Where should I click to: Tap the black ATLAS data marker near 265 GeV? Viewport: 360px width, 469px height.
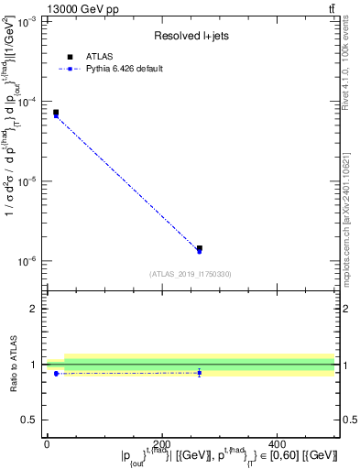click(200, 248)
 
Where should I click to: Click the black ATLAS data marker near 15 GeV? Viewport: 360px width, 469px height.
click(56, 113)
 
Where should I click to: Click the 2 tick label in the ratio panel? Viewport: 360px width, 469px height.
click(34, 309)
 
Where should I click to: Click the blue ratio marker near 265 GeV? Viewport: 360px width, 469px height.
click(200, 372)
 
